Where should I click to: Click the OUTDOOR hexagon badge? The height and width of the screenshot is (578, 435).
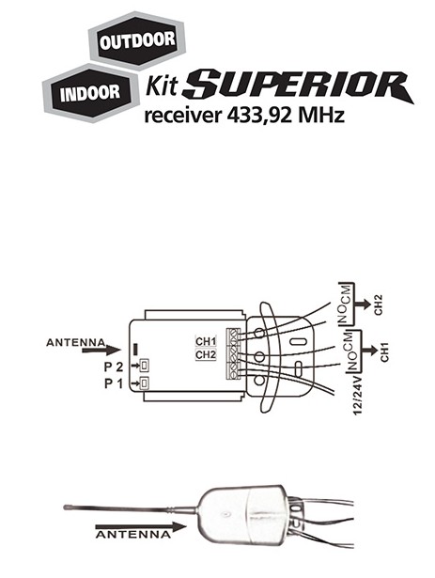(137, 40)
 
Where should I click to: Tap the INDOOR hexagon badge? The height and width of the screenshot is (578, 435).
(91, 93)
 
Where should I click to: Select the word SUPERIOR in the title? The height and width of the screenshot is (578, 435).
(298, 86)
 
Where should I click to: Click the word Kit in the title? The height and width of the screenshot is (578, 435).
(162, 86)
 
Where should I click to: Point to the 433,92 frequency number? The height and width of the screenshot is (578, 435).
(259, 115)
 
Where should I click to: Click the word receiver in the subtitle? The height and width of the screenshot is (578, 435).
(183, 116)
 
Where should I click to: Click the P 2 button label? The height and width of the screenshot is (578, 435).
(114, 367)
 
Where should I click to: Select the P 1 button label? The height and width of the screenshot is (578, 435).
(114, 383)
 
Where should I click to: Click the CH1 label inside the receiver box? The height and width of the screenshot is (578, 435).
(206, 341)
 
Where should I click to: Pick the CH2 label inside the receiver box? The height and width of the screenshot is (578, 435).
(206, 355)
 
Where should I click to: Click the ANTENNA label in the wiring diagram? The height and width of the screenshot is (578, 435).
(75, 343)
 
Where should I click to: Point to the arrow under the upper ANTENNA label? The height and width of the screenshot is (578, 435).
(101, 351)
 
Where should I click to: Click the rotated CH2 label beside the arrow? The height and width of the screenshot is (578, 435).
(379, 305)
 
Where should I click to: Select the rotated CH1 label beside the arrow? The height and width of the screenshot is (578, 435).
(384, 352)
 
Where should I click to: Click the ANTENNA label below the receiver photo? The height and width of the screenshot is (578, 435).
(133, 535)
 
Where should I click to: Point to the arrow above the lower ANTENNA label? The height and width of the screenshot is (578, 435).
(141, 527)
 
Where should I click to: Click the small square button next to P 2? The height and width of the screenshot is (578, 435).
(144, 366)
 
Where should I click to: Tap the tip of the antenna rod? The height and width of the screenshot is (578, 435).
(65, 508)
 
